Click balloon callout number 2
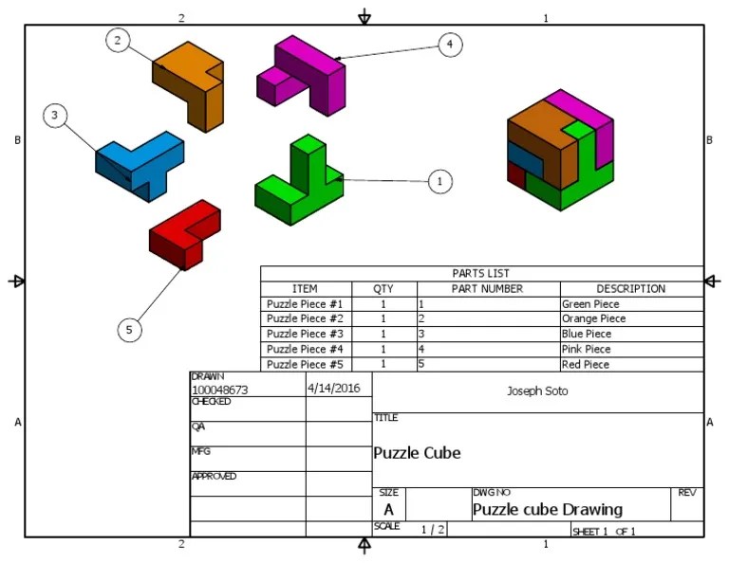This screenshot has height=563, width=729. coord(118,41)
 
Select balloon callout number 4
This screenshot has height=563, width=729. coord(450,44)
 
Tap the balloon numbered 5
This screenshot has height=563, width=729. coord(130,330)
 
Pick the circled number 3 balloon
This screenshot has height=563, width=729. coord(55,116)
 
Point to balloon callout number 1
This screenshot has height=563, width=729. coord(439,181)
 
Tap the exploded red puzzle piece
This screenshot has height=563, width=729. coord(185,233)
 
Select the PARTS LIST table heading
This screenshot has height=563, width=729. coord(481,273)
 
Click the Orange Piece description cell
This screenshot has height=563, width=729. coord(593,319)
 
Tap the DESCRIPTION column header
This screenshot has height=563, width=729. coord(630,289)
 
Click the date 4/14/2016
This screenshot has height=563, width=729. coord(334,389)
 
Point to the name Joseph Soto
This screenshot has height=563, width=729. coord(537,390)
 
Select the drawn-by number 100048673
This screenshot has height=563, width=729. coord(219,390)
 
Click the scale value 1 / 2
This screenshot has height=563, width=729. coord(433,530)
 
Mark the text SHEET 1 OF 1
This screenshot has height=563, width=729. coord(604,532)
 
